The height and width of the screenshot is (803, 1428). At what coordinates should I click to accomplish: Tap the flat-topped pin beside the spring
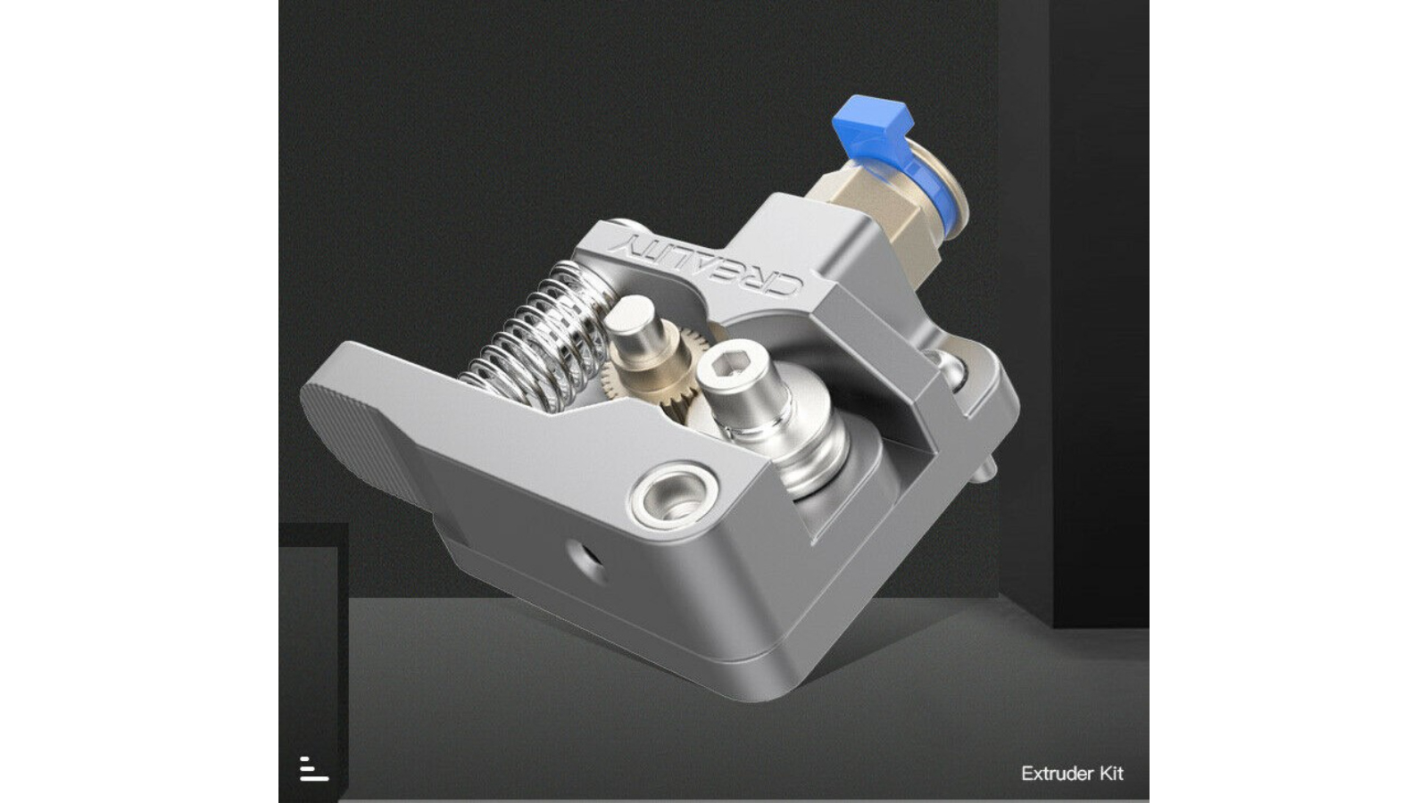pos(637,329)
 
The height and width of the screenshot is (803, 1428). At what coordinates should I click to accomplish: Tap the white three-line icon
pos(313,768)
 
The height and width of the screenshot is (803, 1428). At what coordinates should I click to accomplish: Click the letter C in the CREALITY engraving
pos(785,287)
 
